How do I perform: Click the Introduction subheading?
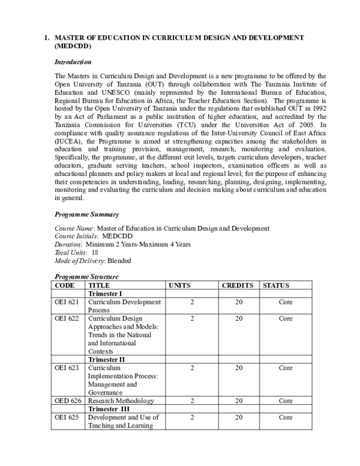73,62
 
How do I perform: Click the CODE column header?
65,285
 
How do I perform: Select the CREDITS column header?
238,285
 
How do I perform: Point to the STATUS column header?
277,285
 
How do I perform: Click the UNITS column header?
180,285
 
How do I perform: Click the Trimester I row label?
105,294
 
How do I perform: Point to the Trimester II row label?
106,359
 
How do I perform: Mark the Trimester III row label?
108,409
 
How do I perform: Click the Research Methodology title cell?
121,401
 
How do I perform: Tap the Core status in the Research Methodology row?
285,401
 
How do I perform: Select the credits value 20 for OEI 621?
238,302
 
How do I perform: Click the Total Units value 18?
95,253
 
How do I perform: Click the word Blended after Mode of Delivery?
119,261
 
